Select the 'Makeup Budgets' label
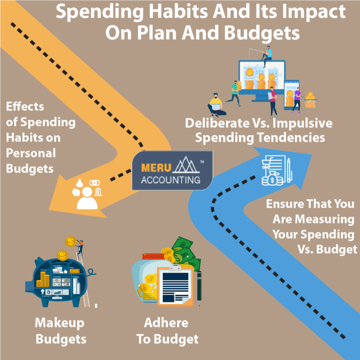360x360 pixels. point(60,330)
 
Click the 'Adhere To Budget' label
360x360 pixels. point(167,330)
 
